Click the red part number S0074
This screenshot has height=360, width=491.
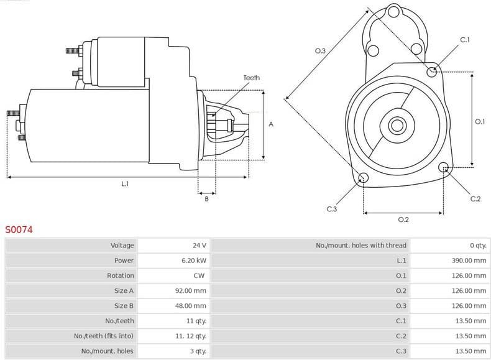click(x=19, y=229)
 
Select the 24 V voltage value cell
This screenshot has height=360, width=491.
click(x=199, y=246)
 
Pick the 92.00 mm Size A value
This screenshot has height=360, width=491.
click(x=191, y=290)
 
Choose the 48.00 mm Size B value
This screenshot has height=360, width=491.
click(x=191, y=306)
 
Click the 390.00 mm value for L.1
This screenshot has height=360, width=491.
click(x=469, y=261)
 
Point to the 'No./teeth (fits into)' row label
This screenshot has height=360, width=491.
click(x=104, y=336)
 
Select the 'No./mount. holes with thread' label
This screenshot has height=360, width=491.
click(x=360, y=246)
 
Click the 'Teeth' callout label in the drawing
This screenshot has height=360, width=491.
click(x=252, y=78)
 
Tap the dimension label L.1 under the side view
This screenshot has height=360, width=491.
click(x=125, y=183)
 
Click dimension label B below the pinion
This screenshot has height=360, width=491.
click(x=206, y=198)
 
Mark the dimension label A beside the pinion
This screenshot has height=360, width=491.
click(x=271, y=124)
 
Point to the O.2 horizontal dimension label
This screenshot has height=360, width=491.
click(x=403, y=219)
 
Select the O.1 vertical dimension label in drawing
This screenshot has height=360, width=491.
click(x=479, y=122)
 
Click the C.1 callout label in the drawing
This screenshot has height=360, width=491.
click(x=464, y=40)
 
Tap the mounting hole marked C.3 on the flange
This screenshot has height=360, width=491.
click(x=364, y=179)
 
